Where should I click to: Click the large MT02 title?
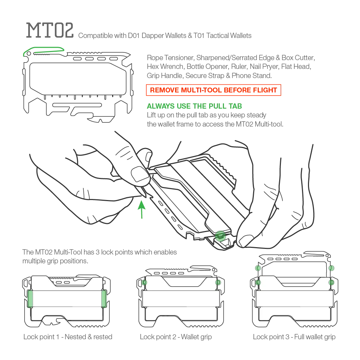[50, 30]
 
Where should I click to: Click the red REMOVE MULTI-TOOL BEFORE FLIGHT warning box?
[213, 90]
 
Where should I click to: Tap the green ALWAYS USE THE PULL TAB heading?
[194, 106]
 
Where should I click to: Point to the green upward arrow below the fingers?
[142, 210]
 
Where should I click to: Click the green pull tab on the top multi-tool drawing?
[44, 51]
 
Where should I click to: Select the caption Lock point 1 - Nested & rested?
[68, 337]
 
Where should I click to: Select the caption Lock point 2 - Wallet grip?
[176, 337]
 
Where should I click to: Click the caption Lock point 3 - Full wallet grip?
[294, 337]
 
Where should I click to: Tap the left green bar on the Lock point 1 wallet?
[30, 298]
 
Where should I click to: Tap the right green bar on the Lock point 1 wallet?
[104, 298]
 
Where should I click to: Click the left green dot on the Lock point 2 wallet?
[144, 282]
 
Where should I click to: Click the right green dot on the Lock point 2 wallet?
[218, 282]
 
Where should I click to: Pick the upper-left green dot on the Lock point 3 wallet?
[258, 268]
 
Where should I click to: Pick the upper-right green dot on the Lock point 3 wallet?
[331, 268]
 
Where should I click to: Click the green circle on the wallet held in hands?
[220, 236]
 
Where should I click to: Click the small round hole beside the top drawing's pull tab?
[29, 54]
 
